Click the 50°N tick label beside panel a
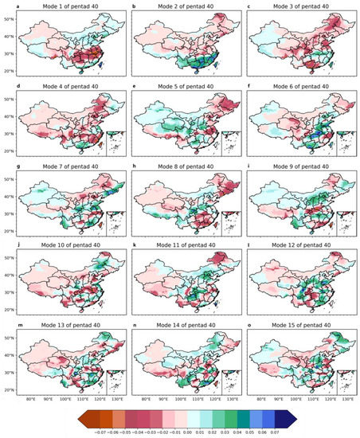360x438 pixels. click(x=13, y=18)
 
